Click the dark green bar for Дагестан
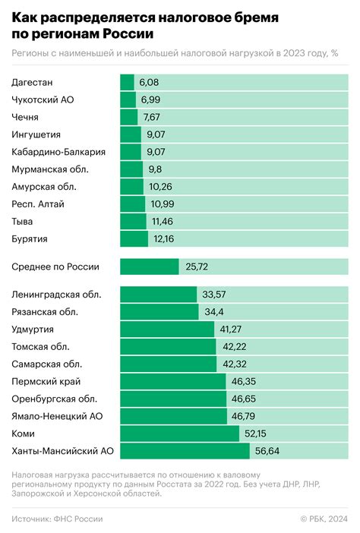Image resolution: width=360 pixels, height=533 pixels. pos(127,82)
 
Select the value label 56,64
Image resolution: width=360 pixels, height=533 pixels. pos(267,451)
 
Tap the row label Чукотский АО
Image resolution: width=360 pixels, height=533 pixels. pos(43,99)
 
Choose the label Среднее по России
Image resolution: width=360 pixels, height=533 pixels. pos(55,266)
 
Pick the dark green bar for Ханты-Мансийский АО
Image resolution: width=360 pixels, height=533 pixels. pos(185,451)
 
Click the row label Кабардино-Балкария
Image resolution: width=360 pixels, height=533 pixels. pos(58,152)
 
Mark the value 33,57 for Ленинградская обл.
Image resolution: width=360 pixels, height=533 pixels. pos(215,294)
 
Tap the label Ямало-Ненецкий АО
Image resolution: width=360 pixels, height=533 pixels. pos(56,416)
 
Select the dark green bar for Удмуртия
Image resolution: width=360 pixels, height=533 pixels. pos(167,329)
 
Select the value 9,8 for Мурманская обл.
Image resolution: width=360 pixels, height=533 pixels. pos(156,169)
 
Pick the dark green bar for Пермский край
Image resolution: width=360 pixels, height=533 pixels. pos(173,381)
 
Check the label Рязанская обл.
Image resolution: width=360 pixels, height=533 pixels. pos(46,311)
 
